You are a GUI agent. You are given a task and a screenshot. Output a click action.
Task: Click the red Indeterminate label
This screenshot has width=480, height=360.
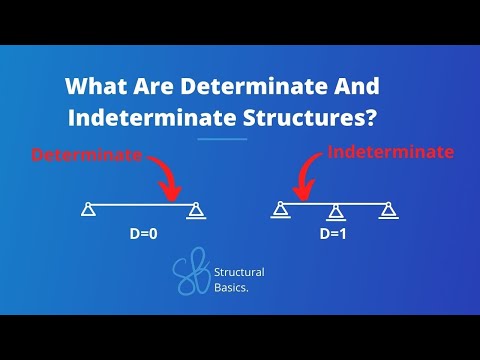pos(391,153)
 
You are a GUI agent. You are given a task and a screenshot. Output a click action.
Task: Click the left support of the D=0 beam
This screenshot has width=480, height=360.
pos(89,209)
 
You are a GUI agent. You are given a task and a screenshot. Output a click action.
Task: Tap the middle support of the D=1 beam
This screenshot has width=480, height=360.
pos(336,210)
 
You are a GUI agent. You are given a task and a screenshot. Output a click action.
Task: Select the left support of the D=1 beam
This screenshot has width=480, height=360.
pos(280,210)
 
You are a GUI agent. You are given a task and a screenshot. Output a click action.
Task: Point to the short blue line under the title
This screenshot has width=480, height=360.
pos(222,138)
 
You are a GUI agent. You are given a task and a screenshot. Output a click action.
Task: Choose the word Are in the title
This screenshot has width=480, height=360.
pos(151,85)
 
